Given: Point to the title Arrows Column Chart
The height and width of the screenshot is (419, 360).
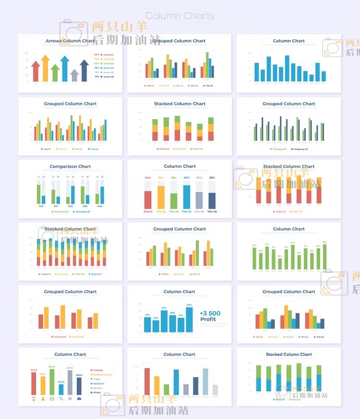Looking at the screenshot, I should pos(70,41).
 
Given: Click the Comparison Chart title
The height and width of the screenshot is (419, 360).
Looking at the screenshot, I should pos(70,167).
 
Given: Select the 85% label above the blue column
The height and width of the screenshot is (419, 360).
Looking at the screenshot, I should pos(186,178).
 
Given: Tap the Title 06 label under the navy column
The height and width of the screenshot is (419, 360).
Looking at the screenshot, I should pos(212,212).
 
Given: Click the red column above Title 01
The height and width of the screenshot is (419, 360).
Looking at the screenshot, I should pos(148,199).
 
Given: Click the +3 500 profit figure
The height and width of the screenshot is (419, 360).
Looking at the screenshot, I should pos(210,314).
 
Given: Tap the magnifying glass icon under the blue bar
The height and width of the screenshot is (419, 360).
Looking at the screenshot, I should pos(61,399).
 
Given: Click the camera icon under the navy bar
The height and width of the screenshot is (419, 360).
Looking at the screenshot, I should pos(79,399).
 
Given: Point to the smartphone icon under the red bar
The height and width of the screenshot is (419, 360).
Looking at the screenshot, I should pos(34,399).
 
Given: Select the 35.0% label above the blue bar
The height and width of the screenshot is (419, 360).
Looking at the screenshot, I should pos(61,382).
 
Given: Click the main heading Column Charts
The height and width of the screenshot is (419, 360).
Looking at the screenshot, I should pos(180,16).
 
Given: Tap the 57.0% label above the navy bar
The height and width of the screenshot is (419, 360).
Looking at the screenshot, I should pos(79,375).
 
